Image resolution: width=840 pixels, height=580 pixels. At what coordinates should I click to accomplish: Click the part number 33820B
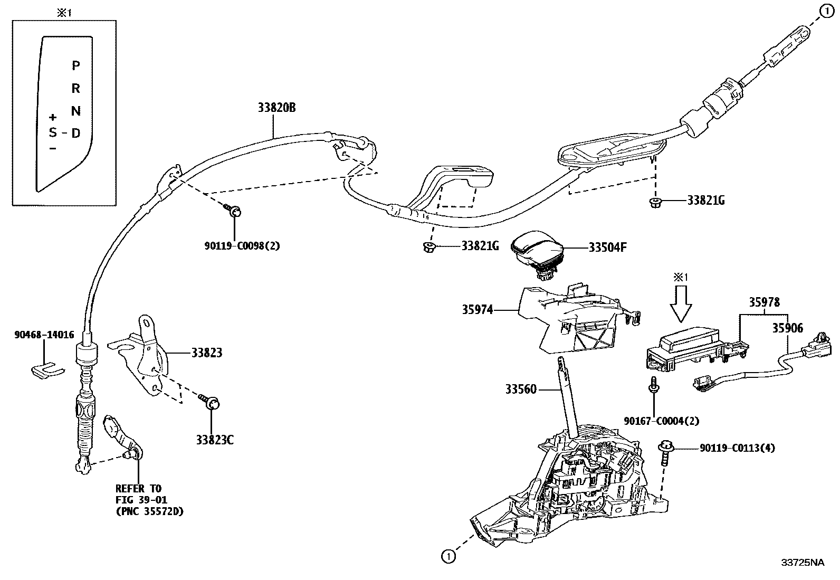[276, 108]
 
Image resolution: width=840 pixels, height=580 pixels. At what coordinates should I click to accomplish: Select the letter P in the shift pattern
[76, 65]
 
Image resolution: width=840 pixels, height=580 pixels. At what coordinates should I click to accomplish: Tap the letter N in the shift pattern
[76, 111]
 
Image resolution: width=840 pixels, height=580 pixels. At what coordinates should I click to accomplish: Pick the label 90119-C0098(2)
[242, 245]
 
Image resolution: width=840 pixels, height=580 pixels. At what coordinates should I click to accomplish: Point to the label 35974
[478, 310]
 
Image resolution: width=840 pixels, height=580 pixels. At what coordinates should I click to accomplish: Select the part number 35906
[788, 328]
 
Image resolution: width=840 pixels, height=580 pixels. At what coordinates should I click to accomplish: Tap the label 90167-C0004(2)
[661, 421]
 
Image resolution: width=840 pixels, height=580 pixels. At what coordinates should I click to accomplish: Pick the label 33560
[521, 389]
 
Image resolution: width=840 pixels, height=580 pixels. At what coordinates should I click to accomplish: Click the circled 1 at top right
[826, 10]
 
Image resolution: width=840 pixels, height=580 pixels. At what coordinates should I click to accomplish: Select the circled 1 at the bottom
[447, 556]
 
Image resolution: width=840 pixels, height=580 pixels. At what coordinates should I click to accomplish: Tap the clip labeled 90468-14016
[45, 368]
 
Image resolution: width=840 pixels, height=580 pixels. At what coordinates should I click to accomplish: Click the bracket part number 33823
[206, 353]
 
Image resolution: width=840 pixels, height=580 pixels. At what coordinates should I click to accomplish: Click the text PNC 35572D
[149, 511]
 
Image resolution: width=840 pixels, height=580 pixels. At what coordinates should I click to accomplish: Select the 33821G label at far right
[705, 201]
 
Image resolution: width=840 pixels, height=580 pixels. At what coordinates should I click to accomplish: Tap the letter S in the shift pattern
[53, 132]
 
